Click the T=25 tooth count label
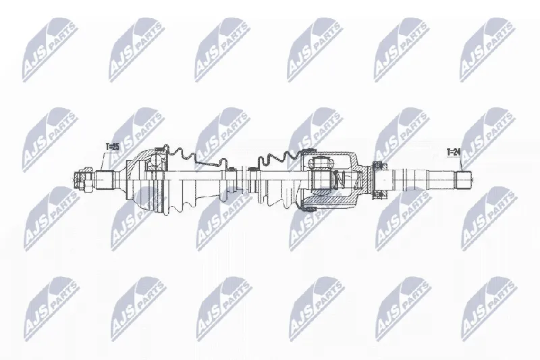112,147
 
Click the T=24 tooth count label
453,152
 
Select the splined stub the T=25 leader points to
105,180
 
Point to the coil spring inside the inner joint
340,180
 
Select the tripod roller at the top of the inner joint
320,162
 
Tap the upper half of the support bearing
378,166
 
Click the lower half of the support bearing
378,194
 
